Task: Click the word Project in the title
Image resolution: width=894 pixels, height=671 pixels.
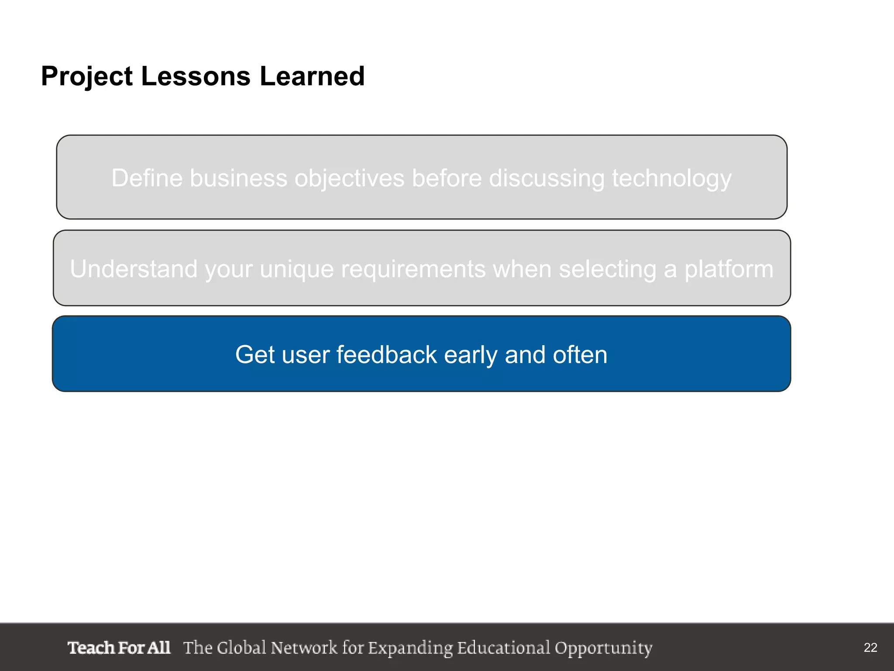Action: point(86,77)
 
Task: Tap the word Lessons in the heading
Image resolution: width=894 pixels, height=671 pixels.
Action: point(196,76)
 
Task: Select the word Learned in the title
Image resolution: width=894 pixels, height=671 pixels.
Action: point(312,76)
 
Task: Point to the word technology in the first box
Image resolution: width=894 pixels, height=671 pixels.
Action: point(671,179)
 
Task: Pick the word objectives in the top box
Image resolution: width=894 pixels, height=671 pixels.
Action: point(349,179)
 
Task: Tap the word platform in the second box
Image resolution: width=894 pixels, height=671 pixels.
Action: point(729,270)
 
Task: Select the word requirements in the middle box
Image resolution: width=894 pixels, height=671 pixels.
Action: point(413,270)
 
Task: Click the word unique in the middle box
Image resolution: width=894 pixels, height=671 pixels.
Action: point(296,270)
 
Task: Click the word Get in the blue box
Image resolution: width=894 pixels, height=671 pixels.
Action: point(255,354)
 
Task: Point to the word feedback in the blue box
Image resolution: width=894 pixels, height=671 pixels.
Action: point(386,354)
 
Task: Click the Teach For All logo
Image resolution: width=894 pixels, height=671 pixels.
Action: point(119,648)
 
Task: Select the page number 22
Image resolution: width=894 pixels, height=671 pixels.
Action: point(870,647)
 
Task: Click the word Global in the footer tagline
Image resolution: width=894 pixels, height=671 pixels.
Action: point(241,648)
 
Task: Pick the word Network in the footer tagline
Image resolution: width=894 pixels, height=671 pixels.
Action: point(304,648)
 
